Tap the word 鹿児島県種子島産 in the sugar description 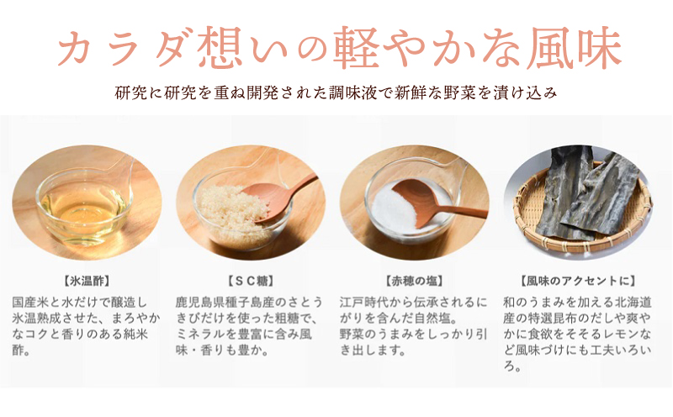click(x=222, y=301)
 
